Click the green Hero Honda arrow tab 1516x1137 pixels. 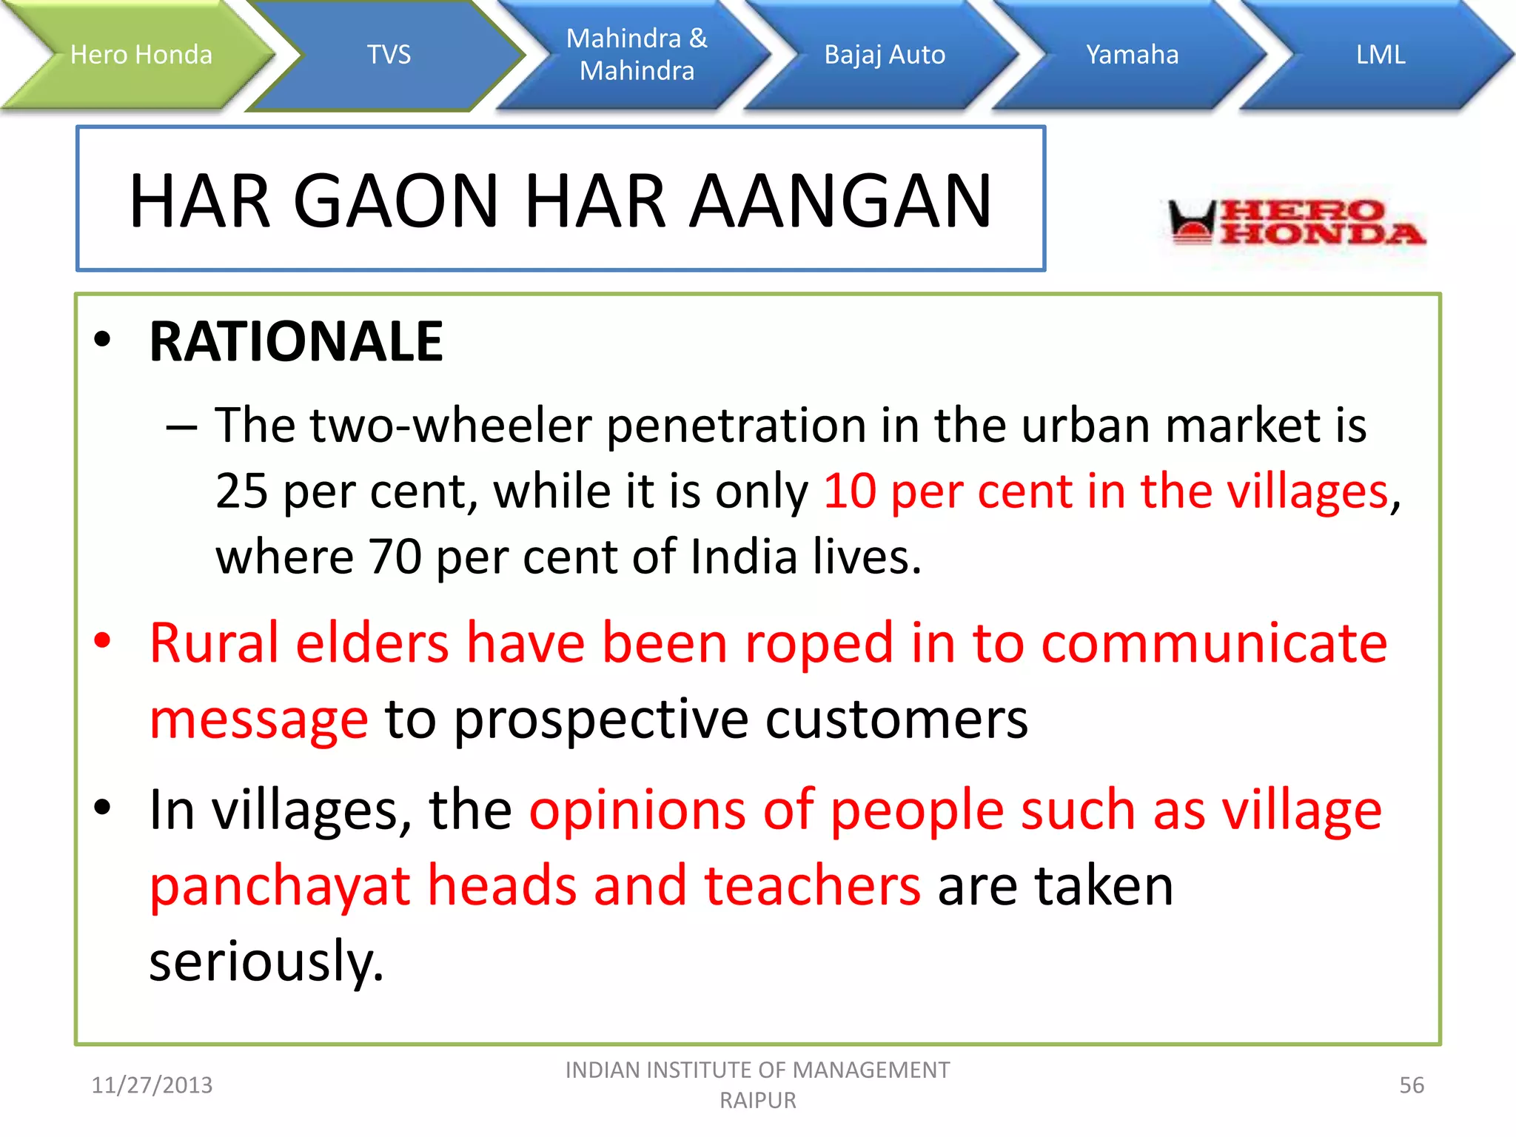[141, 55]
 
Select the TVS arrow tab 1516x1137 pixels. [389, 55]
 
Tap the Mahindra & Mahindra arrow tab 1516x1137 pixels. [637, 55]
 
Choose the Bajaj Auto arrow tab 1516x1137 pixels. [885, 55]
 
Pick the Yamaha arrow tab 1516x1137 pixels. [1132, 55]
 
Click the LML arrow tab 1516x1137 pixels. [1380, 55]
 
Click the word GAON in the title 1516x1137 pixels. [396, 201]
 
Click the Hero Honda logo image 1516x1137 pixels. [1295, 222]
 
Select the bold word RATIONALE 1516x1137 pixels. [296, 342]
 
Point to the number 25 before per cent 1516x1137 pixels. [241, 492]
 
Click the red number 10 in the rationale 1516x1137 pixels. [850, 492]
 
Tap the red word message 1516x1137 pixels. [258, 720]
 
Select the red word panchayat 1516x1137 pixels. [280, 886]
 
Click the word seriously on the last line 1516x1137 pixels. [266, 962]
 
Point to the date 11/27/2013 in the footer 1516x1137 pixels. [152, 1085]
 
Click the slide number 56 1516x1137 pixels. [1411, 1085]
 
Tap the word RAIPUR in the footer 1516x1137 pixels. [757, 1101]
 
